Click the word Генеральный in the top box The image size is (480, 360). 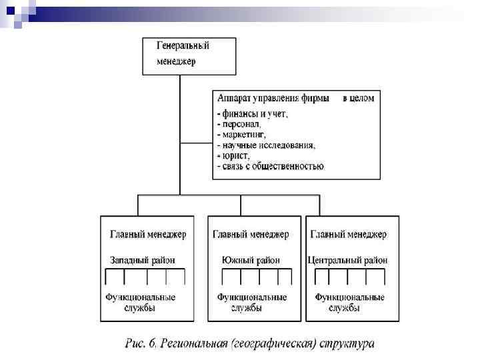point(183,47)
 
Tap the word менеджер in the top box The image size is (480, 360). point(177,61)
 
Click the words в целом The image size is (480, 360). point(358,98)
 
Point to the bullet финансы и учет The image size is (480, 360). point(253,113)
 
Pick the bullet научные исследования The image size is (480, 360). point(266,145)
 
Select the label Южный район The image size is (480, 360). point(251,260)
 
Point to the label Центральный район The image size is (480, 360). point(347,260)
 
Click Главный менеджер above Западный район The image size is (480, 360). point(148,235)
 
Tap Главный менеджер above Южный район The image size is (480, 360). point(251,235)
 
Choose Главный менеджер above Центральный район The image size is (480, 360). point(349,235)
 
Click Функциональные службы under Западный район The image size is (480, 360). point(141,302)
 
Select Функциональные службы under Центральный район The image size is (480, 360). point(349,302)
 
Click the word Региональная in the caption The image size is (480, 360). point(193,344)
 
